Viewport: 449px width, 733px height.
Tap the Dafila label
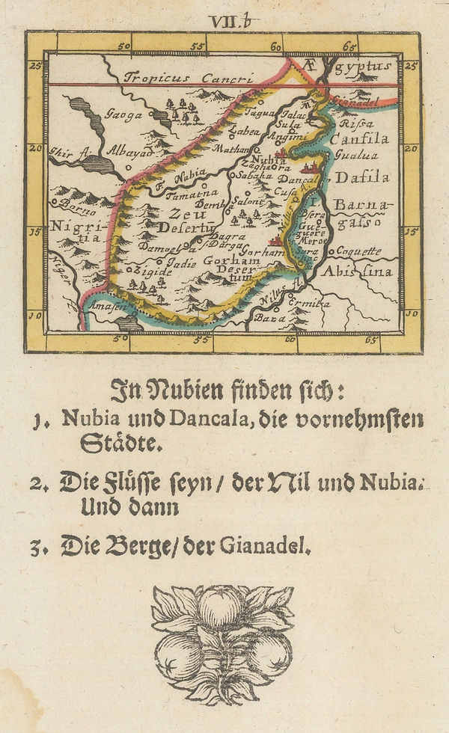pyautogui.click(x=362, y=177)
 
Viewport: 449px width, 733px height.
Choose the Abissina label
pyautogui.click(x=357, y=272)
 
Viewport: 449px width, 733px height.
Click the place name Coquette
pyautogui.click(x=358, y=251)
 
